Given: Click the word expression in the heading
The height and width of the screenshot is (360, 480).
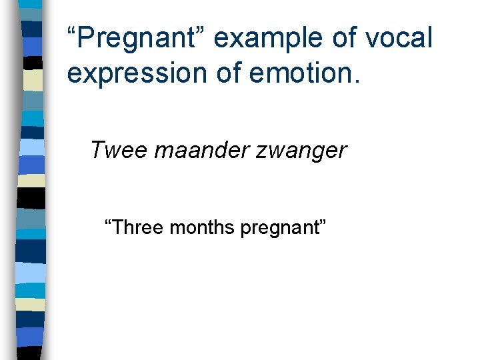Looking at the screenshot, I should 134,74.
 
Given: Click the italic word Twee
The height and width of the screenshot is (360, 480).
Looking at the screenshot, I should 118,150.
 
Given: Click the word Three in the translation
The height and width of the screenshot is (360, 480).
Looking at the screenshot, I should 140,228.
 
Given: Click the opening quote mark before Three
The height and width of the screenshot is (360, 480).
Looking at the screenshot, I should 109,223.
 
